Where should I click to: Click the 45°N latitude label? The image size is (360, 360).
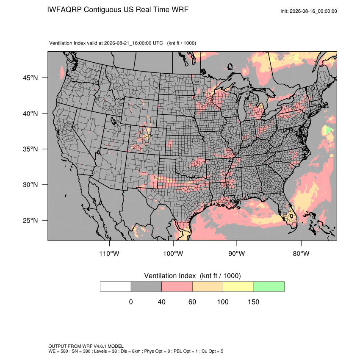(x=30, y=78)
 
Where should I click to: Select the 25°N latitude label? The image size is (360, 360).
(x=30, y=220)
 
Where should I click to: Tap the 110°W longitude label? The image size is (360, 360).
(x=109, y=253)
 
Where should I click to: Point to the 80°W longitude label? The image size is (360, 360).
(x=301, y=253)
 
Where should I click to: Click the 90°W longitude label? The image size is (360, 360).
(x=236, y=253)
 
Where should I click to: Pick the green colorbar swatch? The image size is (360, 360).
(x=269, y=287)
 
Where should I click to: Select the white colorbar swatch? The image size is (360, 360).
(x=116, y=287)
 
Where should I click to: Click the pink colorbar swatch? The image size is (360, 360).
(x=177, y=287)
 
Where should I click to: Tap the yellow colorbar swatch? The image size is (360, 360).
(x=238, y=287)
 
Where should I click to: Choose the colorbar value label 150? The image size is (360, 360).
(x=253, y=302)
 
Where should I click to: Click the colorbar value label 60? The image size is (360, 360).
(x=192, y=302)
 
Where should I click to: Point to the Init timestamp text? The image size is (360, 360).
(x=309, y=11)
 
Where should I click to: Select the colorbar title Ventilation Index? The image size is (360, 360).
(x=170, y=276)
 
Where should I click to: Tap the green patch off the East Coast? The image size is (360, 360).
(x=329, y=130)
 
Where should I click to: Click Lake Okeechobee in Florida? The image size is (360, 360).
(x=291, y=216)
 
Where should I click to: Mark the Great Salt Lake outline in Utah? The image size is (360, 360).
(x=114, y=121)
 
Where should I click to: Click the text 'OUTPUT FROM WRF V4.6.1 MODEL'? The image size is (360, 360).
(x=86, y=346)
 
